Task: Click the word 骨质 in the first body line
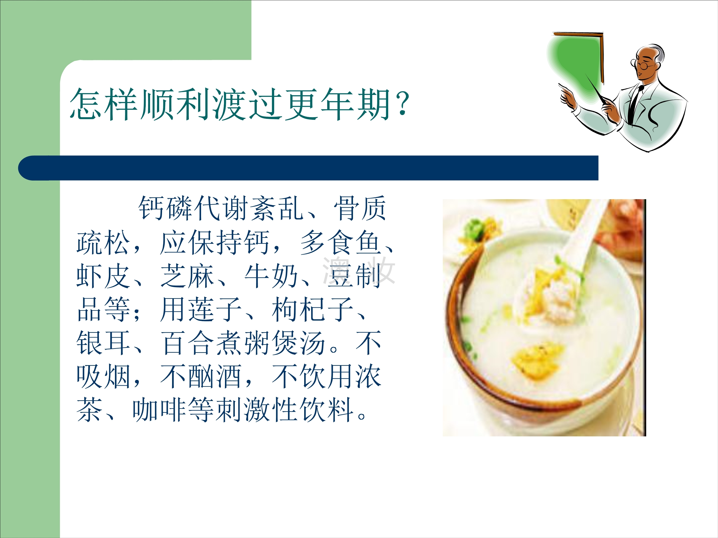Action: (x=360, y=209)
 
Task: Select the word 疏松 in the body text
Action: (x=103, y=242)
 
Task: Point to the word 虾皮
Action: (x=103, y=276)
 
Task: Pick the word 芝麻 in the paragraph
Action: (x=187, y=276)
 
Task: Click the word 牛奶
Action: (x=271, y=276)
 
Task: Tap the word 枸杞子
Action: (x=313, y=310)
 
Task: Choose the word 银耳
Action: (x=103, y=343)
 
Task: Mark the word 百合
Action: (x=187, y=343)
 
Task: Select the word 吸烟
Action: (x=103, y=377)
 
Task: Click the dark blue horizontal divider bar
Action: (x=308, y=168)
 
